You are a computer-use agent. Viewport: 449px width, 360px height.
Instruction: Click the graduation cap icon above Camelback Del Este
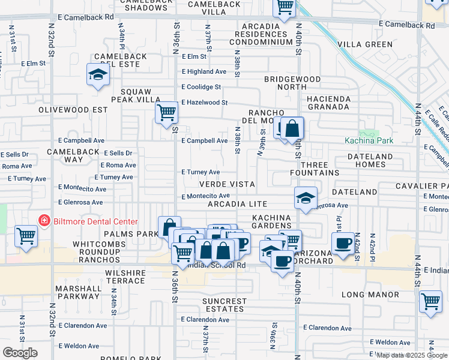(x=97, y=75)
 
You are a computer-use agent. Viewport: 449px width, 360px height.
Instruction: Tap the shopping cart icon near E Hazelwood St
(x=166, y=112)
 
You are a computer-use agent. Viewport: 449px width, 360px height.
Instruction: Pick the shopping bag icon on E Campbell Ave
(x=292, y=128)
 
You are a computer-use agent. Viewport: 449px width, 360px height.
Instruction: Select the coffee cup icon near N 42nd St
(x=343, y=244)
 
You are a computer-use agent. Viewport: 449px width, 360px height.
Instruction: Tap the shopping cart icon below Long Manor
(x=430, y=302)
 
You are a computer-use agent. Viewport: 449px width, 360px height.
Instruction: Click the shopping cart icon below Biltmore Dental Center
(x=26, y=236)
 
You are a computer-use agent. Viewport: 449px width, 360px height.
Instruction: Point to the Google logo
(x=20, y=353)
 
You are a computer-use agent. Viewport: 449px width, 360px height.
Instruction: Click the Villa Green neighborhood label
(x=365, y=44)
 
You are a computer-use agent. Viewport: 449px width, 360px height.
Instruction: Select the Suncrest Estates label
(x=224, y=305)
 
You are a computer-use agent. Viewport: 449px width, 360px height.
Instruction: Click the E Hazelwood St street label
(x=205, y=103)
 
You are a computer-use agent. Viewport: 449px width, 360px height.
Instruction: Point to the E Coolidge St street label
(x=204, y=86)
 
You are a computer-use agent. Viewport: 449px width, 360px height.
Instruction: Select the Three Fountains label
(x=322, y=169)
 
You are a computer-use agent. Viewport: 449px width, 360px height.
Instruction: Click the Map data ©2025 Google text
(x=412, y=355)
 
